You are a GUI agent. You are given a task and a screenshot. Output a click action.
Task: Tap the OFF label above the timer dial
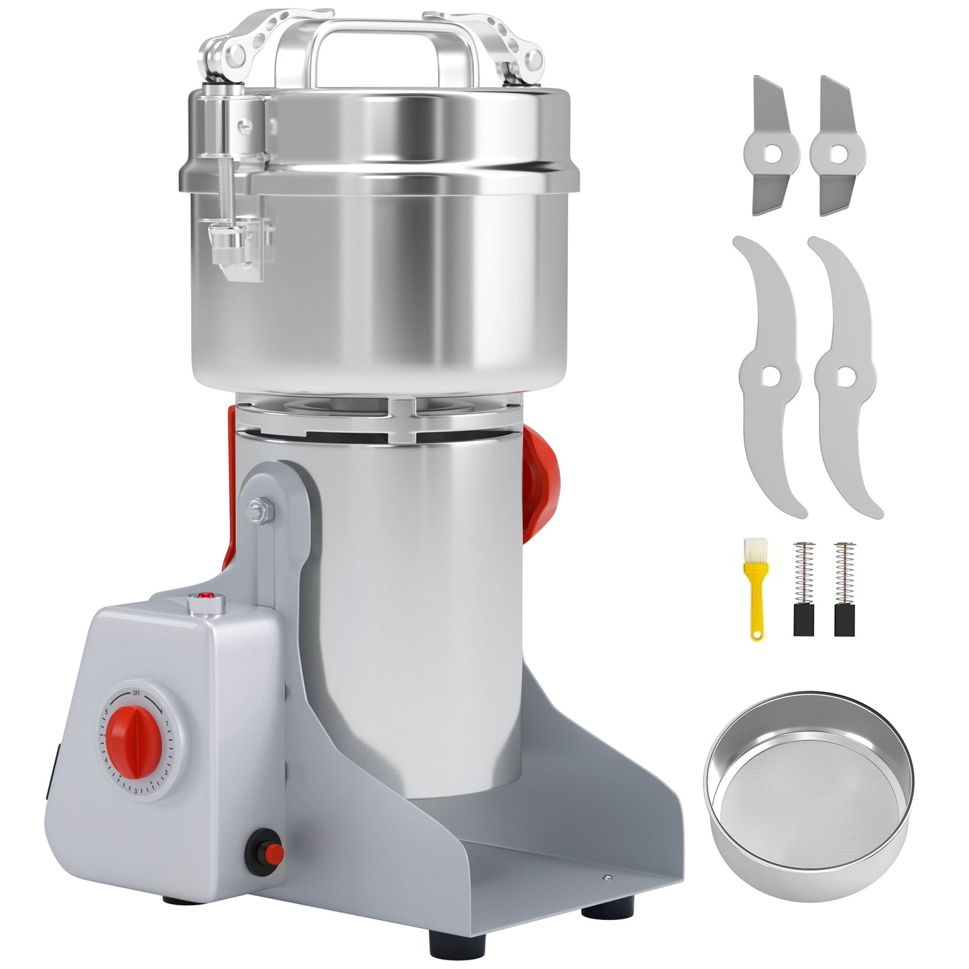[x=136, y=693]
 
